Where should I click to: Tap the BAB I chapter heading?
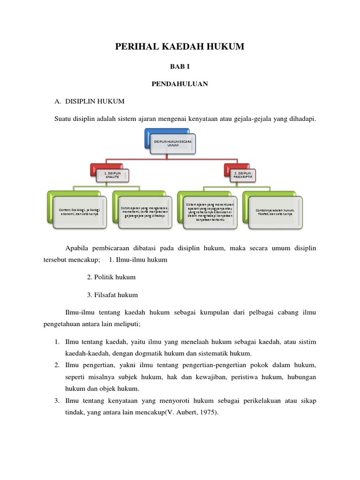pos(180,67)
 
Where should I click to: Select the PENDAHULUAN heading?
pos(180,84)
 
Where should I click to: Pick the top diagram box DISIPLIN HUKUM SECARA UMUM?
pos(172,143)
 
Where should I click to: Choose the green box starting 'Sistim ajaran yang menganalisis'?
pos(144,211)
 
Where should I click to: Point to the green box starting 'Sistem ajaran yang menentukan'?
pos(210,212)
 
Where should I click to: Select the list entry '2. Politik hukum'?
pos(111,277)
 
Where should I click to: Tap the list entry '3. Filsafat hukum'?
pos(112,295)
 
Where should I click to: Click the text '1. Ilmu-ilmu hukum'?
pos(138,260)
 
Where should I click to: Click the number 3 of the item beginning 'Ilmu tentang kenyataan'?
pos(56,401)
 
